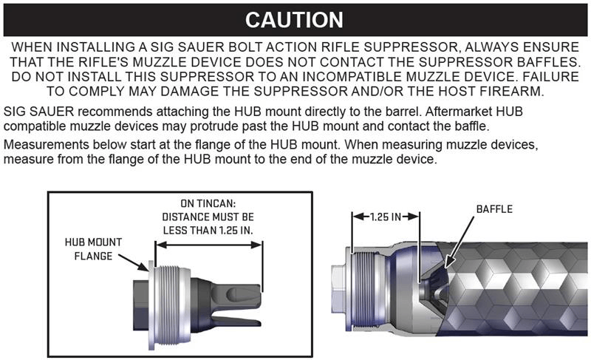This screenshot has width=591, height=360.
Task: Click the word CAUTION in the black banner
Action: (x=294, y=20)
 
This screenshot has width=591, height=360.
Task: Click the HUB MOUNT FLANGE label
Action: (x=93, y=249)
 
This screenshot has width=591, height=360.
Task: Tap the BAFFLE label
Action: (x=494, y=209)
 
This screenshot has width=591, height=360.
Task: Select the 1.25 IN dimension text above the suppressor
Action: (x=385, y=217)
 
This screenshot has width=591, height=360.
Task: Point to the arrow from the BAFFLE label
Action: (x=460, y=242)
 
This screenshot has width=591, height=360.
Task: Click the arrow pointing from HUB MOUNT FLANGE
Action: (x=134, y=262)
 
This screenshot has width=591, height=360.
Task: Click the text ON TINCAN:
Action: (x=208, y=203)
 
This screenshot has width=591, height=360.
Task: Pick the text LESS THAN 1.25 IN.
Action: (x=208, y=231)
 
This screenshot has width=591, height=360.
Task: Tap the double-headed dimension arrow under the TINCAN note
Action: (x=209, y=245)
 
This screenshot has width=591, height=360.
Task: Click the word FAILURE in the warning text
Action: (x=550, y=77)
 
